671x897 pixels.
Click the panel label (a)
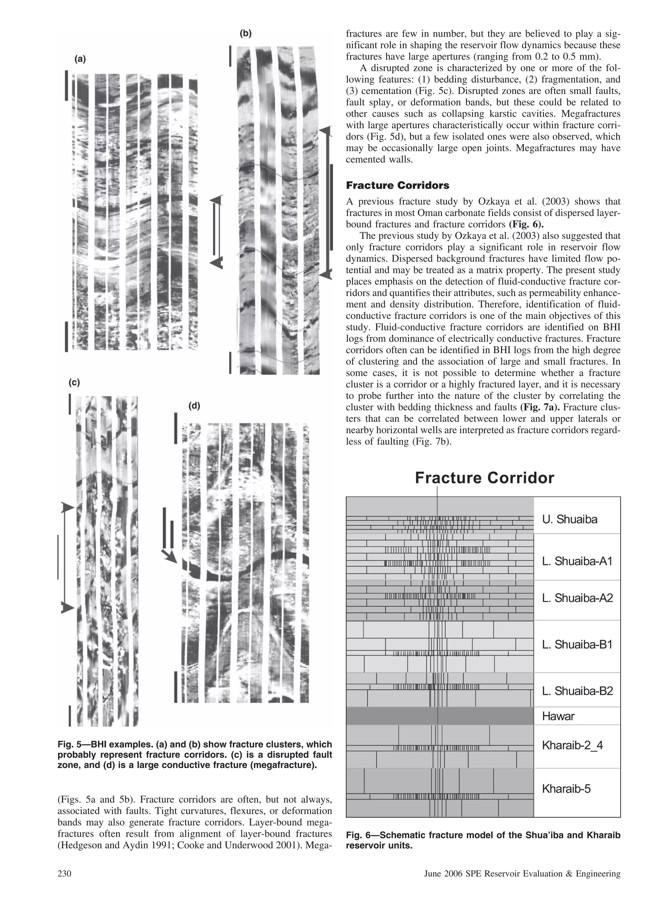pyautogui.click(x=80, y=59)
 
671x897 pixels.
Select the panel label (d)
pyautogui.click(x=194, y=406)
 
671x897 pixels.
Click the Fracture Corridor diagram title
pyautogui.click(x=484, y=478)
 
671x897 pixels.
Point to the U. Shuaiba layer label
pyautogui.click(x=569, y=519)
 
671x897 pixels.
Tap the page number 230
pyautogui.click(x=65, y=873)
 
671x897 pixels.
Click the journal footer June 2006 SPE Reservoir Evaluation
pyautogui.click(x=522, y=873)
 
